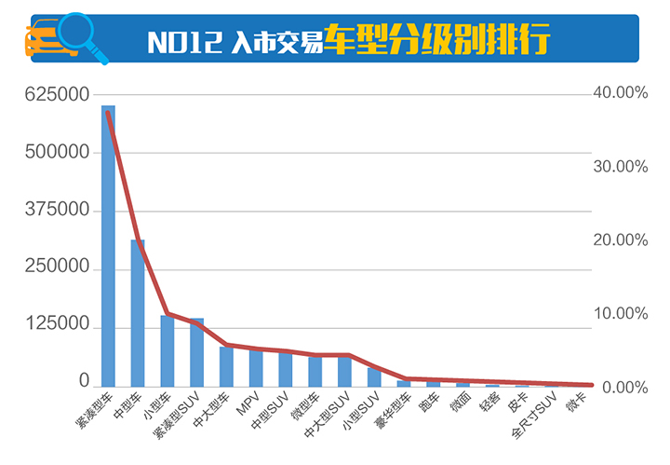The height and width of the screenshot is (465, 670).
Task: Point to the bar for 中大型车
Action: pos(227,366)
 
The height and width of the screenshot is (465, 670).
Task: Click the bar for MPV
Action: pos(256,368)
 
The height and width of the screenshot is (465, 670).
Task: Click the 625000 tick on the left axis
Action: pos(57,94)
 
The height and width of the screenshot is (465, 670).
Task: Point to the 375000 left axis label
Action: pos(57,211)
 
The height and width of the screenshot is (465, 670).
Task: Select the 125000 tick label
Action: pos(57,326)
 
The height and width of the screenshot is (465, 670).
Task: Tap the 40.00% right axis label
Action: pos(618,94)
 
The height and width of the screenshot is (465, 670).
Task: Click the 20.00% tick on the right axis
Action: pos(618,240)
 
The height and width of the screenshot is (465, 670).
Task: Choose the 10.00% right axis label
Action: pos(618,314)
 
